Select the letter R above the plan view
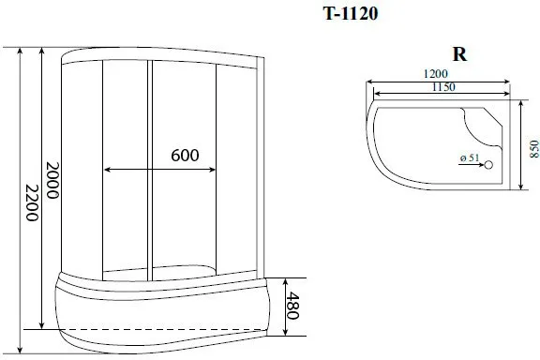460,54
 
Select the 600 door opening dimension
187,157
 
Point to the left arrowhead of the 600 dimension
105,170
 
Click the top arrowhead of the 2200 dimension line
19,50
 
